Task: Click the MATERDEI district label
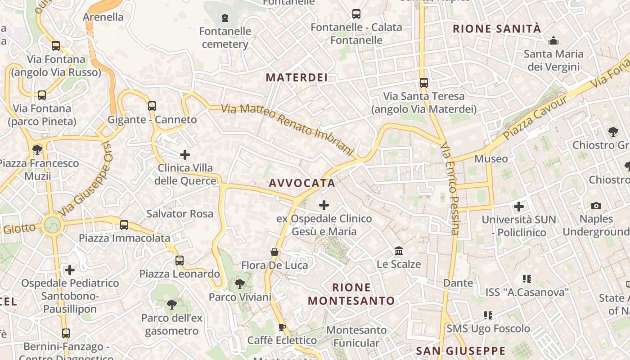tap(297, 77)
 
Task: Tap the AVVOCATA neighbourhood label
tap(302, 183)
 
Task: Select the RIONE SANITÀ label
tap(497, 29)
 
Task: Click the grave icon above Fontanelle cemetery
tap(225, 18)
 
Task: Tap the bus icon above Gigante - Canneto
tap(152, 106)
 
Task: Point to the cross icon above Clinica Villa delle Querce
tap(185, 155)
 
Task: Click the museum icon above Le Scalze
tap(399, 251)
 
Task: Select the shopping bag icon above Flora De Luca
tap(274, 252)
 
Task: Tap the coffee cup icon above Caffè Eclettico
tap(282, 327)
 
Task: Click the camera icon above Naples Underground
tap(596, 206)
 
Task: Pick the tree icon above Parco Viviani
tap(240, 284)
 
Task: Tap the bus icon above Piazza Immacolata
tap(124, 225)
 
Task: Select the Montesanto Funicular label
tap(356, 337)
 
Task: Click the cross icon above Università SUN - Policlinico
tap(519, 207)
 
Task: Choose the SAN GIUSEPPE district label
tap(461, 351)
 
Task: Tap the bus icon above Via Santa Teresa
tap(424, 83)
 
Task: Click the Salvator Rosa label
tap(180, 214)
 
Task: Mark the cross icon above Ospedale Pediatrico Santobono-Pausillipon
tap(70, 270)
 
